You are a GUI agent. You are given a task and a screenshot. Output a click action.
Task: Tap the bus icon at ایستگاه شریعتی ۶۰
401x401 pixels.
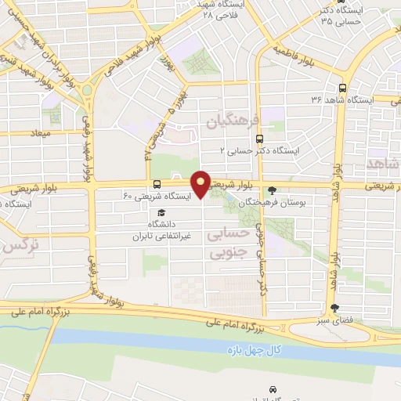point(158,185)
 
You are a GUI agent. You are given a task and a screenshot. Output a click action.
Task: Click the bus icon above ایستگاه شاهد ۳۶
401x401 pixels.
point(342,89)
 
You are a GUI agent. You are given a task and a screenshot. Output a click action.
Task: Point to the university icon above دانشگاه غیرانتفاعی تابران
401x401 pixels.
point(161,212)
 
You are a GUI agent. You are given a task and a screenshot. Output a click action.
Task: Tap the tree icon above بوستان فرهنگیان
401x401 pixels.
point(273,190)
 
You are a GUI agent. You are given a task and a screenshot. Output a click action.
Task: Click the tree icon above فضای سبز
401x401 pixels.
point(335,308)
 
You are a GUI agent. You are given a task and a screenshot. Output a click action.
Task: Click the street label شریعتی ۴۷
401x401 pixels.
point(152,129)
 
